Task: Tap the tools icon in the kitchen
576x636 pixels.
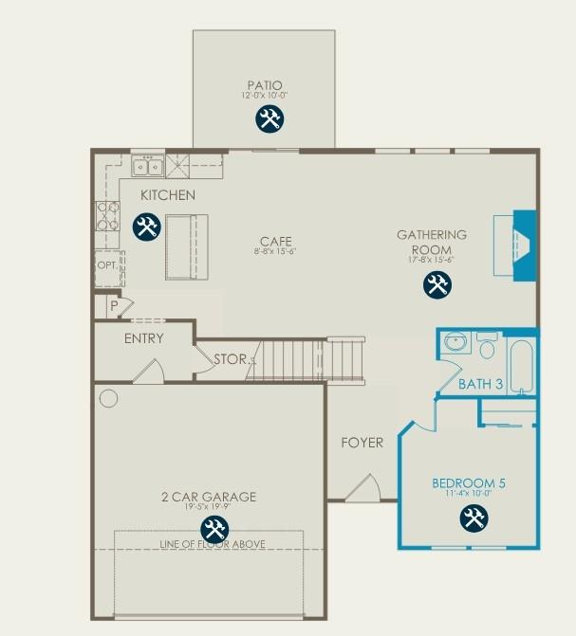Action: (146, 227)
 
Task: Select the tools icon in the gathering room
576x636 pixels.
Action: (437, 284)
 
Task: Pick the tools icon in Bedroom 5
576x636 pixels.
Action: (474, 518)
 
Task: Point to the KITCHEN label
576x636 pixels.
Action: (168, 195)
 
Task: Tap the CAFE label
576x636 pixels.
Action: (276, 241)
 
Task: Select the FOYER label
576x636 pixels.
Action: (362, 443)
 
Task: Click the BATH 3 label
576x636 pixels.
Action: (479, 384)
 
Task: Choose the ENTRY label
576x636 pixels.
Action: (144, 338)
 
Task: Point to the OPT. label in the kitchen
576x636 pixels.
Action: (107, 266)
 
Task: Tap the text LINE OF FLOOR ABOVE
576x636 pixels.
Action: (212, 544)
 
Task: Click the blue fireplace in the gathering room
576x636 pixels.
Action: (524, 245)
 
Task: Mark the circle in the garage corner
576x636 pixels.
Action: (108, 398)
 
